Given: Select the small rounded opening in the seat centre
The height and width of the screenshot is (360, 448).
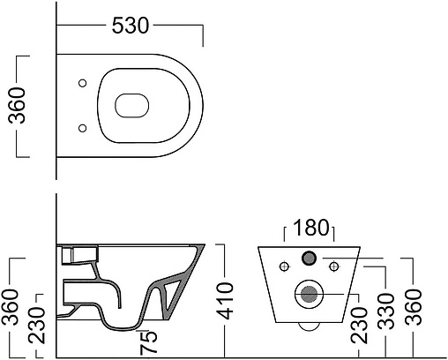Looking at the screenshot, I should [132, 105].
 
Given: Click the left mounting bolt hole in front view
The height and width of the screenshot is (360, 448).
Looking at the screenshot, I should [285, 265].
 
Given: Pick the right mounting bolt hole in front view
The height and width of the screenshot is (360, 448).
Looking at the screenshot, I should [333, 265].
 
